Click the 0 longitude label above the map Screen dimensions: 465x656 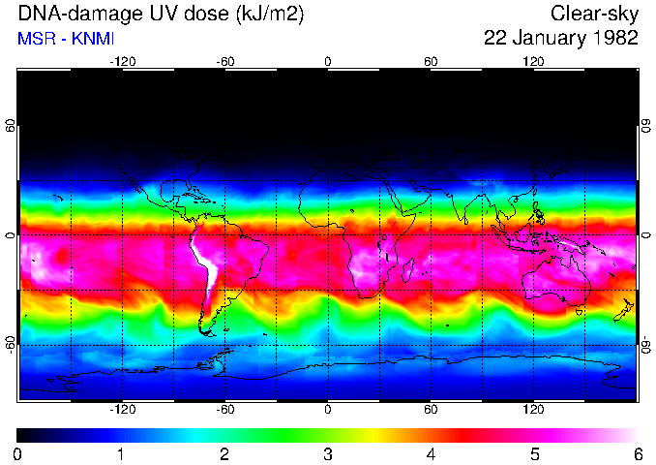click(x=328, y=60)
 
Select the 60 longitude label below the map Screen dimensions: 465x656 click(x=431, y=409)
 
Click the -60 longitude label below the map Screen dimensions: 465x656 click(x=225, y=409)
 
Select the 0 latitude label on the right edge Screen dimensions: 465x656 click(x=646, y=234)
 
